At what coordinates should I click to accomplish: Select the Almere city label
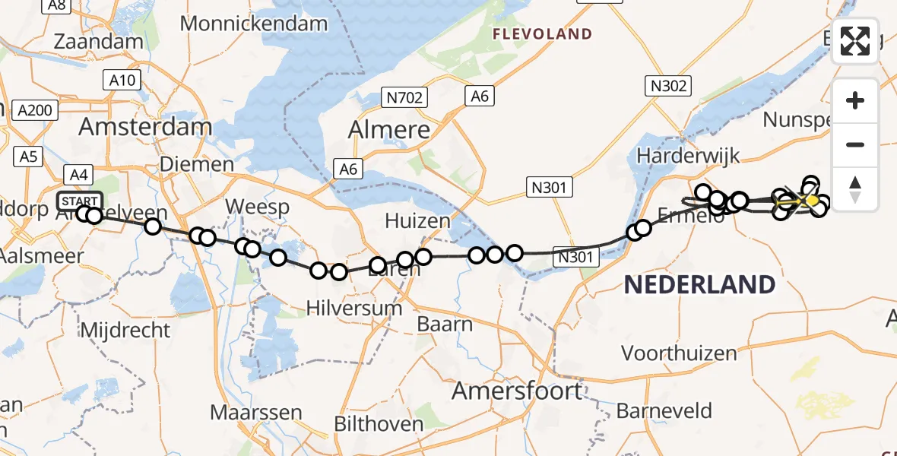(389, 130)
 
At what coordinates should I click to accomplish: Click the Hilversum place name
(353, 308)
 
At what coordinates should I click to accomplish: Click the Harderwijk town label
(688, 157)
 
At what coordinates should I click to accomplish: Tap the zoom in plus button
(855, 100)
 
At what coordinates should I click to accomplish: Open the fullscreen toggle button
(855, 41)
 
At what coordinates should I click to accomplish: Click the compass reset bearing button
(855, 188)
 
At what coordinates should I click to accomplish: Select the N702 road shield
(404, 97)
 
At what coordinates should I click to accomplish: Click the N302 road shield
(668, 86)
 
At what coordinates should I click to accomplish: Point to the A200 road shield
(35, 110)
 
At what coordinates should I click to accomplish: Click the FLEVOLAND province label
(542, 33)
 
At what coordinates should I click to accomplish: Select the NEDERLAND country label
(699, 285)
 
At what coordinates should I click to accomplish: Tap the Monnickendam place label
(254, 23)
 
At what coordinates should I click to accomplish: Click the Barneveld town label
(664, 411)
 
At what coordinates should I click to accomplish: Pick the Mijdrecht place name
(124, 330)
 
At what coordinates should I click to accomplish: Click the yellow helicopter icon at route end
(810, 200)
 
